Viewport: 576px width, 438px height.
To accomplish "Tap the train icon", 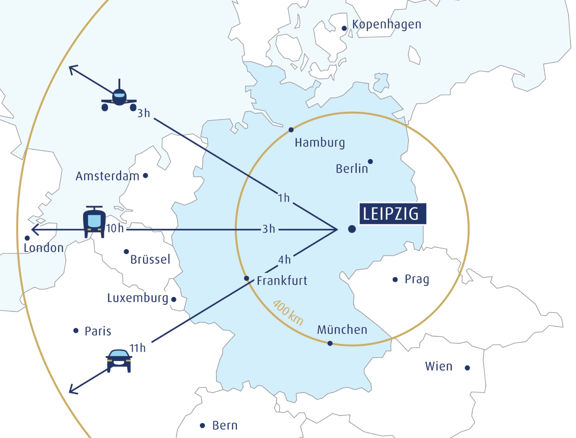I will pyautogui.click(x=94, y=222).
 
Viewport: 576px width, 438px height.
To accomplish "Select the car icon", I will pyautogui.click(x=119, y=360).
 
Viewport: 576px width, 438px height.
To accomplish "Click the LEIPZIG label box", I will pyautogui.click(x=392, y=214).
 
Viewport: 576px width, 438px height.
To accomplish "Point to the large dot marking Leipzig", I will pyautogui.click(x=352, y=229).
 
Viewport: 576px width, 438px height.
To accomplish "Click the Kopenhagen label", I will pyautogui.click(x=387, y=25).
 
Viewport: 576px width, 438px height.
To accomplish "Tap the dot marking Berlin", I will pyautogui.click(x=370, y=162).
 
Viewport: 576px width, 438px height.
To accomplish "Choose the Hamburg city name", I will pyautogui.click(x=320, y=143).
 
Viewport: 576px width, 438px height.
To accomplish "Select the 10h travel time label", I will pyautogui.click(x=115, y=229).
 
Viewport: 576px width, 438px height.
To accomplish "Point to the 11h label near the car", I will pyautogui.click(x=138, y=348).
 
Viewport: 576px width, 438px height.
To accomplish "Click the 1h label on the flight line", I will pyautogui.click(x=284, y=198).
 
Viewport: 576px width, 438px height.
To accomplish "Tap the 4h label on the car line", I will pyautogui.click(x=284, y=260).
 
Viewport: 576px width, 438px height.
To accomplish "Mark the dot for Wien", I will pyautogui.click(x=467, y=368).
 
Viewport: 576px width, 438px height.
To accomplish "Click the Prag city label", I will pyautogui.click(x=417, y=279).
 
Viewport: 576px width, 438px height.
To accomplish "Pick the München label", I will pyautogui.click(x=342, y=330).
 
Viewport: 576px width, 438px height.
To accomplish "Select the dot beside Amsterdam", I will pyautogui.click(x=145, y=175).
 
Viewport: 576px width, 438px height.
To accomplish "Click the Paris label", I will pyautogui.click(x=98, y=331).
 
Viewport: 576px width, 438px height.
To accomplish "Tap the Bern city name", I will pyautogui.click(x=225, y=425).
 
